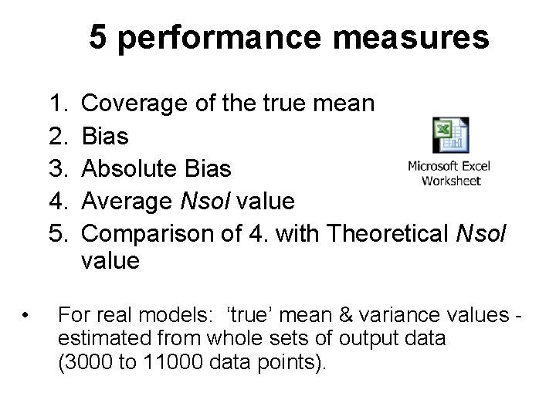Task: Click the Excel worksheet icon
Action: pyautogui.click(x=449, y=136)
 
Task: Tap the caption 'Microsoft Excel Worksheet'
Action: pyautogui.click(x=449, y=173)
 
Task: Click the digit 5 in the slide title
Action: pyautogui.click(x=97, y=36)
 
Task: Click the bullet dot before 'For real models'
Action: pyautogui.click(x=27, y=315)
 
